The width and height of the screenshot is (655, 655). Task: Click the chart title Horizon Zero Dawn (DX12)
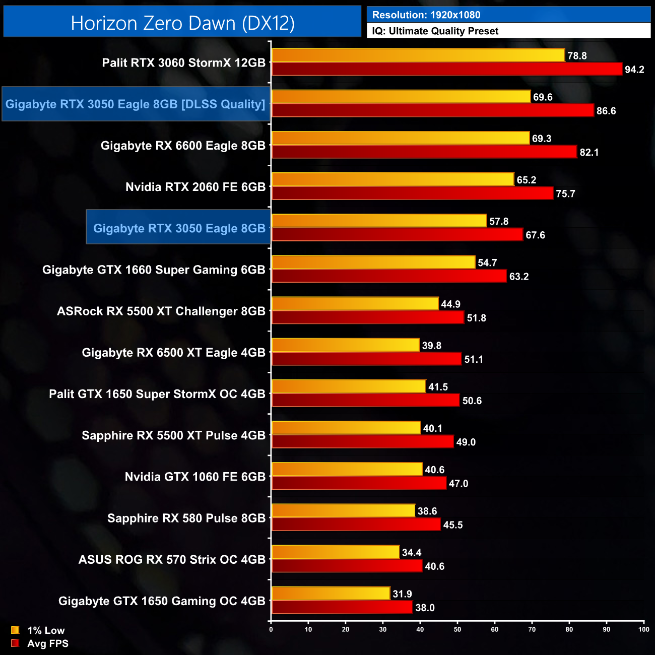(x=182, y=23)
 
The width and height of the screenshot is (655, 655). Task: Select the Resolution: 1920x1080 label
(x=426, y=15)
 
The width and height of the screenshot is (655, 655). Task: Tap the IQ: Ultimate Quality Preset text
(x=435, y=31)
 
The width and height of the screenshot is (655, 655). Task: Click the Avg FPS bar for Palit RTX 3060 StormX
(x=446, y=69)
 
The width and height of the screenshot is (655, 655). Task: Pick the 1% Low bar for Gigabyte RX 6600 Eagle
(x=401, y=138)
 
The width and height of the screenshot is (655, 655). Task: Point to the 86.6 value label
(x=606, y=111)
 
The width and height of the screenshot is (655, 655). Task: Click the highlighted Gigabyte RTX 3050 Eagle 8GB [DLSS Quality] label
(x=136, y=104)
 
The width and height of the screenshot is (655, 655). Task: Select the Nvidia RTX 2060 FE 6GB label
(x=195, y=187)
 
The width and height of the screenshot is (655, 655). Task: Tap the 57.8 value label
(x=498, y=221)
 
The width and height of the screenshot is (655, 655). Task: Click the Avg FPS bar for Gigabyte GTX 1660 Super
(x=389, y=276)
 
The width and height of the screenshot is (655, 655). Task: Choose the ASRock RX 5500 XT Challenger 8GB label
(x=161, y=311)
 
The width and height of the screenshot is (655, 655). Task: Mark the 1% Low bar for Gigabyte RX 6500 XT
(x=345, y=345)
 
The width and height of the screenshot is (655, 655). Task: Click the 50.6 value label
(x=472, y=401)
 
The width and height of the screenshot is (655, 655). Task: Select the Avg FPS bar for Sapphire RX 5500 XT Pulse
(x=363, y=442)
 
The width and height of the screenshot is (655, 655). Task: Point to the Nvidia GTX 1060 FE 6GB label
(x=195, y=477)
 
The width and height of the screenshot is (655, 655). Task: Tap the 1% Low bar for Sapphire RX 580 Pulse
(x=343, y=511)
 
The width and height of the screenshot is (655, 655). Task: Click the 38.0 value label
(x=424, y=608)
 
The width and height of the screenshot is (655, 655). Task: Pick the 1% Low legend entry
(x=38, y=630)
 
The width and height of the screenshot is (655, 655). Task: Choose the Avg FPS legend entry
(x=40, y=643)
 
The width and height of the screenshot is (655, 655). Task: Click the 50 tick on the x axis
(x=457, y=629)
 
